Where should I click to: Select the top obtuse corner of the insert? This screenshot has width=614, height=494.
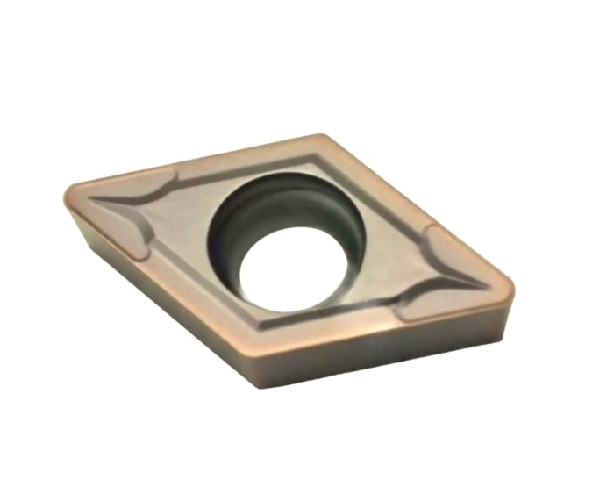pyautogui.click(x=321, y=140)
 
